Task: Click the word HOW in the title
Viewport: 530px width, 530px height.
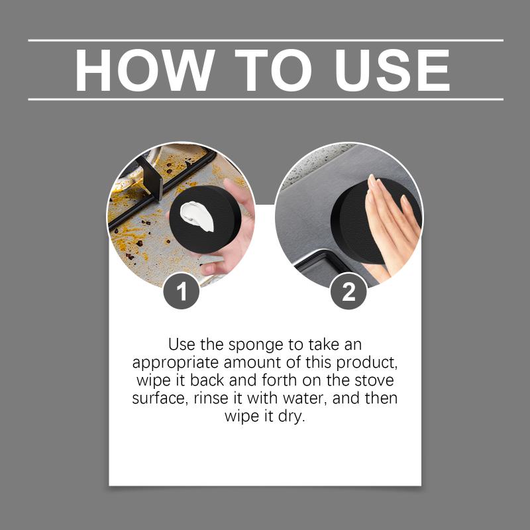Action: [x=144, y=70]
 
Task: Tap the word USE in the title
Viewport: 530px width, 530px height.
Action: [x=392, y=70]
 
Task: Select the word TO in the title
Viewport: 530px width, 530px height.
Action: [x=273, y=70]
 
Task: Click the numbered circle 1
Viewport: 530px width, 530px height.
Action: [x=181, y=291]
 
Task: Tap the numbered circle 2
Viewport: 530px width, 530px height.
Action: [x=348, y=291]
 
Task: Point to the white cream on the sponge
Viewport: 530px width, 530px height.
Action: [x=197, y=216]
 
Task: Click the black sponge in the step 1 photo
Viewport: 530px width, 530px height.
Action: [x=205, y=219]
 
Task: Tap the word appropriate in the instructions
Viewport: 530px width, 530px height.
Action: [x=176, y=363]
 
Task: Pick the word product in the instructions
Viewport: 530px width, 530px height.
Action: [x=366, y=363]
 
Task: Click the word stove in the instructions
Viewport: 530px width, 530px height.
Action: [x=374, y=380]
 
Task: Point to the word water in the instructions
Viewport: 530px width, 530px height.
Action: [x=305, y=399]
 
